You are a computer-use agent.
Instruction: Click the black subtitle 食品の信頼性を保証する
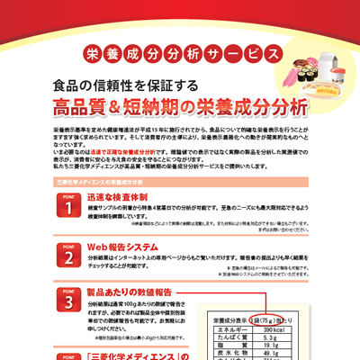tap(118, 86)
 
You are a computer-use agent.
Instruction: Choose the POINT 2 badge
tap(66, 256)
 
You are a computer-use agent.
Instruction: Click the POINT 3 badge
tap(66, 302)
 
